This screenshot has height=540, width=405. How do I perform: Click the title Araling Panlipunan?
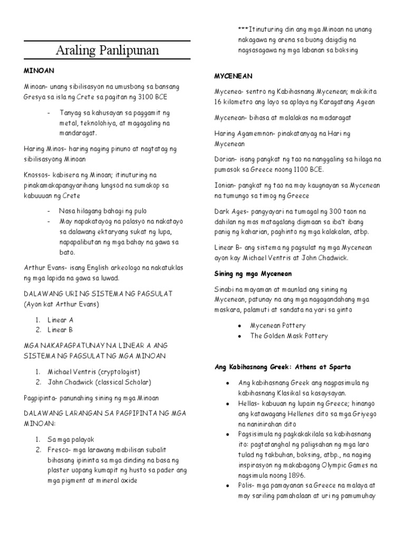pyautogui.click(x=108, y=52)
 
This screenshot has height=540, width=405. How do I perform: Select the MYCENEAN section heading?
pyautogui.click(x=230, y=76)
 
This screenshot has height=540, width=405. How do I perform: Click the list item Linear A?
pyautogui.click(x=61, y=320)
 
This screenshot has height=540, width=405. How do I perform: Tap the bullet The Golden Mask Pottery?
pyautogui.click(x=289, y=335)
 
